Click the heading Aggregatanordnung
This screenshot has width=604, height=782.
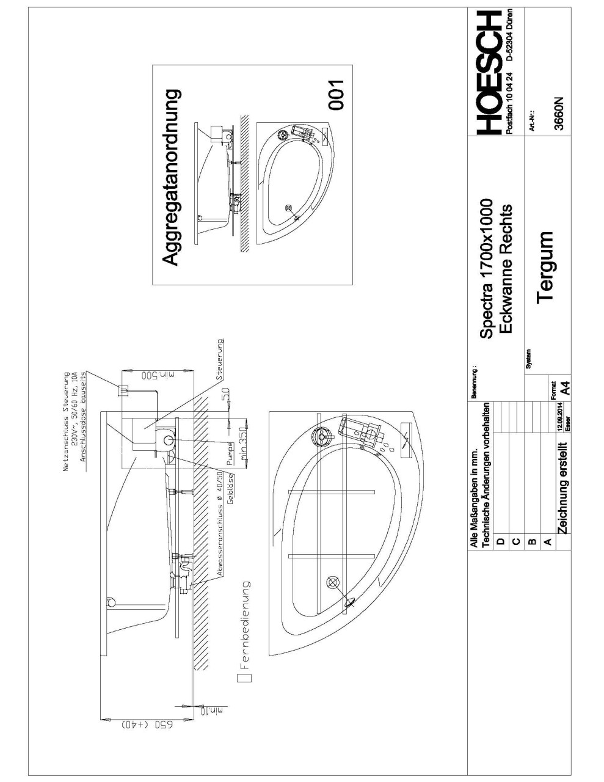pos(172,177)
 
